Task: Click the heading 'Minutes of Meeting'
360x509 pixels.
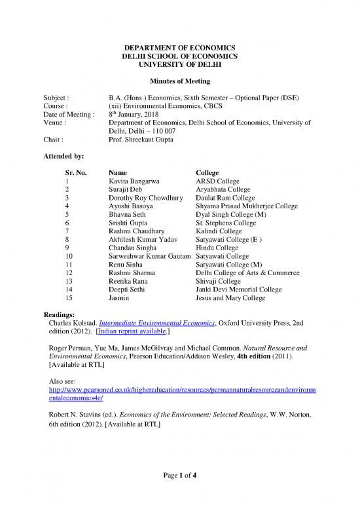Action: point(179,80)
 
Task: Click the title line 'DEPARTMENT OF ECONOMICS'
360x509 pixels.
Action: point(179,47)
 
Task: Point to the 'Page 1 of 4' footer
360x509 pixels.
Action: point(179,493)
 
